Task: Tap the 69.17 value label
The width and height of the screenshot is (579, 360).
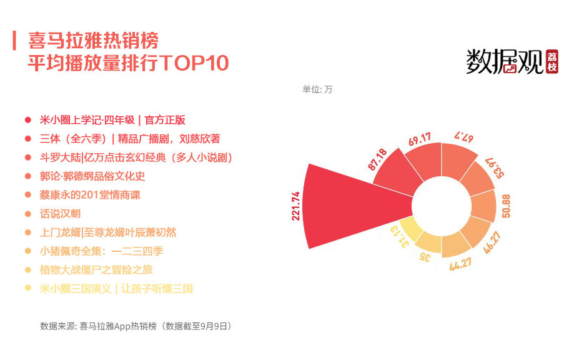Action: (420, 139)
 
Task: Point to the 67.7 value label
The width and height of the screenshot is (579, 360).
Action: (464, 136)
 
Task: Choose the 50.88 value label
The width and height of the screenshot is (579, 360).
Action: (506, 206)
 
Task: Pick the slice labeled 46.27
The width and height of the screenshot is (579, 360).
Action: (477, 231)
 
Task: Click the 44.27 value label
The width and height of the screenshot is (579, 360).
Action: (460, 264)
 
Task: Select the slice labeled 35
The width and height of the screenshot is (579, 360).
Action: (429, 242)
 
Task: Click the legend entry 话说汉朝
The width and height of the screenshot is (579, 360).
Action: (60, 214)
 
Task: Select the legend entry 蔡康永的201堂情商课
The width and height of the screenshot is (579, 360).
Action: (90, 195)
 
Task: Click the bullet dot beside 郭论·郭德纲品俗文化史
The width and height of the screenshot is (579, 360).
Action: (27, 176)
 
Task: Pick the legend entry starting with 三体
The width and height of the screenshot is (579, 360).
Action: (130, 139)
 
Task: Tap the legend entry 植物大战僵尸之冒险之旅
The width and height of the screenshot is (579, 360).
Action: (96, 270)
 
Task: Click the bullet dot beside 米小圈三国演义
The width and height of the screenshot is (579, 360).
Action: (27, 288)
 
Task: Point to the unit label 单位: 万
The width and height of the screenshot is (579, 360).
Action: (317, 89)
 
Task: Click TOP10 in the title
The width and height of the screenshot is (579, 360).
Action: (194, 63)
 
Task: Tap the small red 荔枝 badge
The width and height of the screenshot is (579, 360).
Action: (552, 62)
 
